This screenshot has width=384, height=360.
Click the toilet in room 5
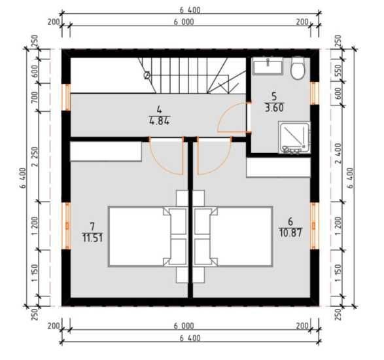click(297, 68)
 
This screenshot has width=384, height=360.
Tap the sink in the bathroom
click(268, 66)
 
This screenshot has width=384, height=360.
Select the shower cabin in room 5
click(294, 137)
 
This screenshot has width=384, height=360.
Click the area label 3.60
click(274, 108)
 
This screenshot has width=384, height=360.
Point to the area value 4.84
click(159, 121)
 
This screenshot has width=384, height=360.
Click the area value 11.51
click(93, 238)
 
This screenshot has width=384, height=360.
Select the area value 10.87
click(290, 232)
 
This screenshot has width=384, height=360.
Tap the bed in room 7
click(147, 237)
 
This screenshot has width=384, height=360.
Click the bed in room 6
click(233, 237)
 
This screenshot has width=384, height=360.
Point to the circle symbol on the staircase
click(147, 75)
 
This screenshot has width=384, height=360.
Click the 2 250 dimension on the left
click(35, 157)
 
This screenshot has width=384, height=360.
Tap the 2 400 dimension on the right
click(338, 153)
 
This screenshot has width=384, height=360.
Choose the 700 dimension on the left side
click(35, 98)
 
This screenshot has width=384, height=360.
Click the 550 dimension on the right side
click(338, 69)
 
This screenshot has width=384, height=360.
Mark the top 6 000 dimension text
click(184, 22)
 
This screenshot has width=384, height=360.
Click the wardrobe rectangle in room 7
click(106, 151)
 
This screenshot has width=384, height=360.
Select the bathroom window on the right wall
click(315, 93)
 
